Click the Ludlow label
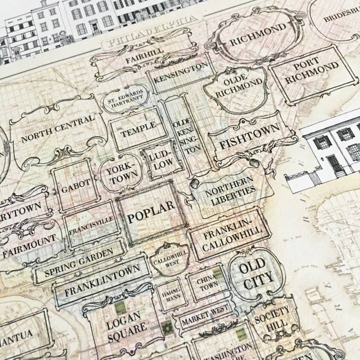point(160,156)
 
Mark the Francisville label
point(91,225)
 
